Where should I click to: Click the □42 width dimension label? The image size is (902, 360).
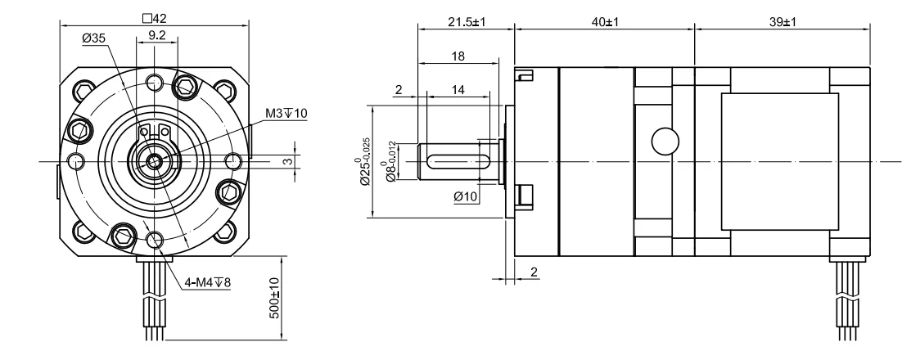154,18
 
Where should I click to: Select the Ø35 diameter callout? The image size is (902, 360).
94,38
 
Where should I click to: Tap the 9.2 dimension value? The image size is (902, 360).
157,35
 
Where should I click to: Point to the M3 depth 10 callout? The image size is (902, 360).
286,113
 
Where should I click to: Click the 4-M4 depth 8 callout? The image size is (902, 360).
208,282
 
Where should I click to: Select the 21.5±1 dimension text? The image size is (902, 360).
467,22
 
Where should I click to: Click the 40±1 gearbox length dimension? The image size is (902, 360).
605,22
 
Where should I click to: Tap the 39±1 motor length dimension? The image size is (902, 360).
782,22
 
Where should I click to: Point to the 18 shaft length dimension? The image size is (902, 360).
458,56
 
